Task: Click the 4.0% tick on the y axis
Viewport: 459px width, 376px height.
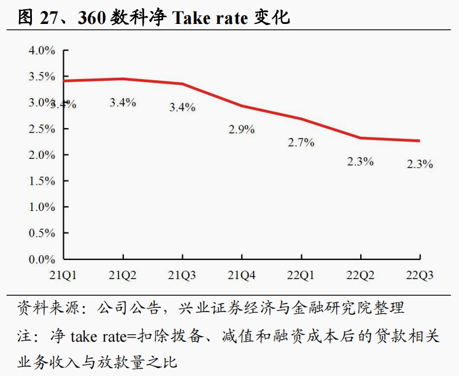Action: click(42, 50)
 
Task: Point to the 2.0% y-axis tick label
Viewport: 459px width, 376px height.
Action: click(42, 155)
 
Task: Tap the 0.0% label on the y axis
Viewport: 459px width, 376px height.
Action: click(42, 259)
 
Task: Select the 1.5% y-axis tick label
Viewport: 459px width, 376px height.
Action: click(42, 181)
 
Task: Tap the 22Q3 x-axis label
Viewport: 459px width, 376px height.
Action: click(420, 275)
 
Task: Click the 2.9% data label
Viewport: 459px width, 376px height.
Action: click(242, 130)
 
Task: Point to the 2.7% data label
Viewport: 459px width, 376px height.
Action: click(301, 142)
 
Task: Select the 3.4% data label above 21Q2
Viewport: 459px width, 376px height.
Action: click(123, 102)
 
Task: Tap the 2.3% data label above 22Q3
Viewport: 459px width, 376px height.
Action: click(420, 164)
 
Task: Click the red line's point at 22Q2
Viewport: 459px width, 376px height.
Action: click(360, 138)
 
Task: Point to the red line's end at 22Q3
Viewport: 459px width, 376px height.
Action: click(420, 140)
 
